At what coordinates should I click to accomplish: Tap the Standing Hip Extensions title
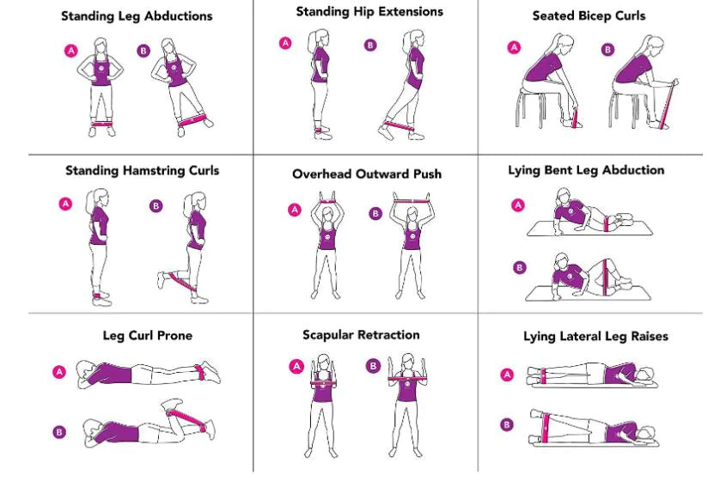[x=369, y=12]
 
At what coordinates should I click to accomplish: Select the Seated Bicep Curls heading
[x=589, y=16]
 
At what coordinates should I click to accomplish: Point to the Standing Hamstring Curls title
[x=142, y=171]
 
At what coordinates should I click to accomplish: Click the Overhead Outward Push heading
[x=366, y=174]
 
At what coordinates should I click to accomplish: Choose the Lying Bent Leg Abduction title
[x=586, y=170]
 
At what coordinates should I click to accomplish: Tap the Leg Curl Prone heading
[x=147, y=335]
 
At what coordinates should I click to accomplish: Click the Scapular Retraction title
[x=361, y=334]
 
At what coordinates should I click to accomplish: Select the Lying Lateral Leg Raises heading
[x=595, y=337]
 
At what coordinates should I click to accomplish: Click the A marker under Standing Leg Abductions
[x=71, y=52]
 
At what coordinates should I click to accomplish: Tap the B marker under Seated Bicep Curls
[x=608, y=50]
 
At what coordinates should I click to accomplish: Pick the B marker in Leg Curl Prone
[x=59, y=432]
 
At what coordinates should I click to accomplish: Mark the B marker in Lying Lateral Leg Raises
[x=507, y=424]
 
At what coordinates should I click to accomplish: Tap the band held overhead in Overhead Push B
[x=410, y=199]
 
